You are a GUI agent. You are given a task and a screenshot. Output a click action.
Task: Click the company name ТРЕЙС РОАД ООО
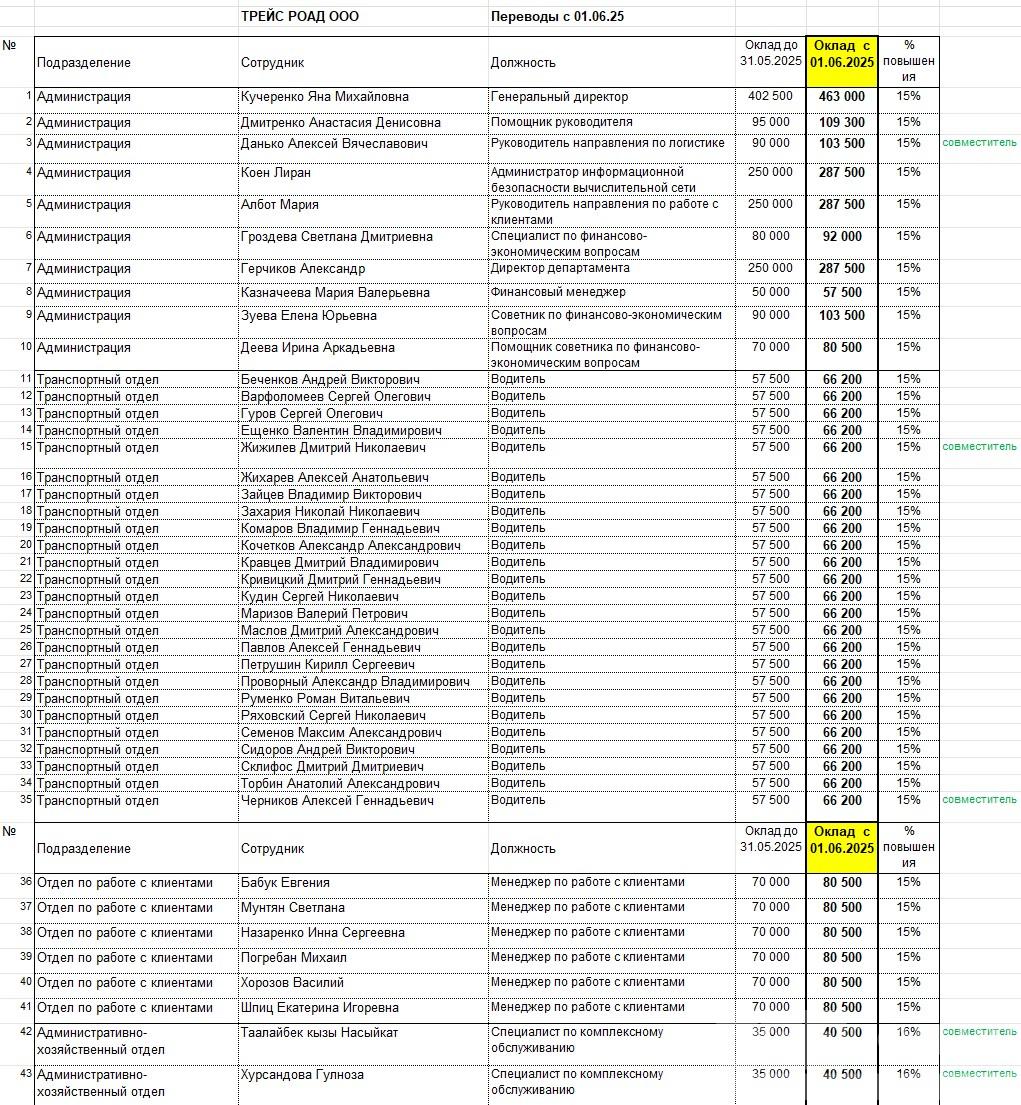click(300, 17)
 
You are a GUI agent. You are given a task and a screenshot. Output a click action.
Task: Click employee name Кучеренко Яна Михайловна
click(325, 97)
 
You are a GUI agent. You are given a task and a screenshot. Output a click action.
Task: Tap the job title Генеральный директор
click(559, 97)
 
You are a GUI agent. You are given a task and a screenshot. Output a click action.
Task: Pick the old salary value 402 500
click(770, 96)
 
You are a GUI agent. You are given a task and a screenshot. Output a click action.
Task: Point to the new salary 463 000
click(842, 97)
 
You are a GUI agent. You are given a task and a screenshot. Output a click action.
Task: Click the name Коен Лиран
click(276, 172)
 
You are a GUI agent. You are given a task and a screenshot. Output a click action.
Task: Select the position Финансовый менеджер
click(558, 292)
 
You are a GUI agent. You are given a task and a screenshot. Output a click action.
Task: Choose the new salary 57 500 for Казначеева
click(842, 293)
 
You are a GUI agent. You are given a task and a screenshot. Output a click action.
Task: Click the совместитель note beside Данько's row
click(979, 143)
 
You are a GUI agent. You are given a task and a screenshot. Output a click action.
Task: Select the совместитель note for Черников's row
click(979, 800)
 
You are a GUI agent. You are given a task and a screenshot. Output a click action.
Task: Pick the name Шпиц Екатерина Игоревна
click(320, 1007)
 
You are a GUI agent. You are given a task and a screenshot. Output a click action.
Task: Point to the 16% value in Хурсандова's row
click(908, 1074)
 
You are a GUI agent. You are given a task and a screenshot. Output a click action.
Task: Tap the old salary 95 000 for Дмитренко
click(770, 122)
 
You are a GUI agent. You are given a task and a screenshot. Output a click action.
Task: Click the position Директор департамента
click(560, 268)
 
